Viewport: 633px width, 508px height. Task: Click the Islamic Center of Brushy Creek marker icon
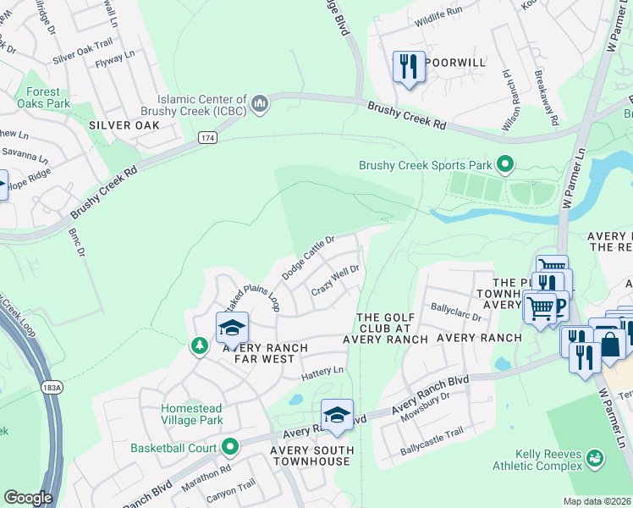point(260,104)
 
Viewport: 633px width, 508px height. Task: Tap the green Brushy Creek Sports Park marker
point(506,164)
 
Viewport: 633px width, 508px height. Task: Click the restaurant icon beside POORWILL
point(409,66)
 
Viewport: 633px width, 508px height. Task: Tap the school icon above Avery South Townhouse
point(337,415)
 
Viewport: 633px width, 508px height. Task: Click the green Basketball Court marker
point(230,447)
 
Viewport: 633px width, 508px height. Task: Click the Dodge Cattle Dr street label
point(309,257)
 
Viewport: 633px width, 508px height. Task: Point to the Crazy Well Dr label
point(336,280)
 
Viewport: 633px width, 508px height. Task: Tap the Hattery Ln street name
point(323,371)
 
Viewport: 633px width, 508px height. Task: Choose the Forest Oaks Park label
point(43,97)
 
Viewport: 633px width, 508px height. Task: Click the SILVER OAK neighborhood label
point(124,125)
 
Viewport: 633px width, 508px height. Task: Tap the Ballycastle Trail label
point(432,455)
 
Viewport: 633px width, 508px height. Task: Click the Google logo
point(28,498)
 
